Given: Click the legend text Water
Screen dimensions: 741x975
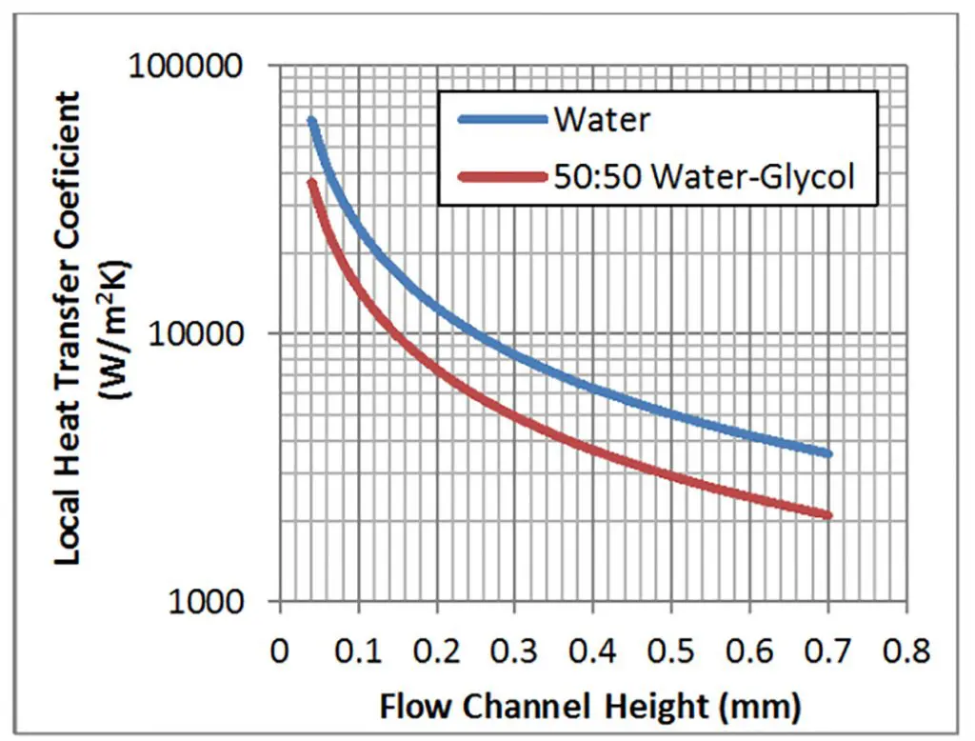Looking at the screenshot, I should (603, 120).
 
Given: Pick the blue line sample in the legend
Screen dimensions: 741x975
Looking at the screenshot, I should (501, 120).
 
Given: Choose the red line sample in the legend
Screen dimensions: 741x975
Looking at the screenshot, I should (501, 175).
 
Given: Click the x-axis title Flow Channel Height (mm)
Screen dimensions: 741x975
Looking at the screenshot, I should (590, 706).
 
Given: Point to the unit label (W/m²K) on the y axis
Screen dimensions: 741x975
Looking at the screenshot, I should (121, 331).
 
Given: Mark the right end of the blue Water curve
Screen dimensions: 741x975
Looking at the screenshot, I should (828, 454).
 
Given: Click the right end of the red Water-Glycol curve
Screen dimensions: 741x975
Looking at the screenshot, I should (828, 515).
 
